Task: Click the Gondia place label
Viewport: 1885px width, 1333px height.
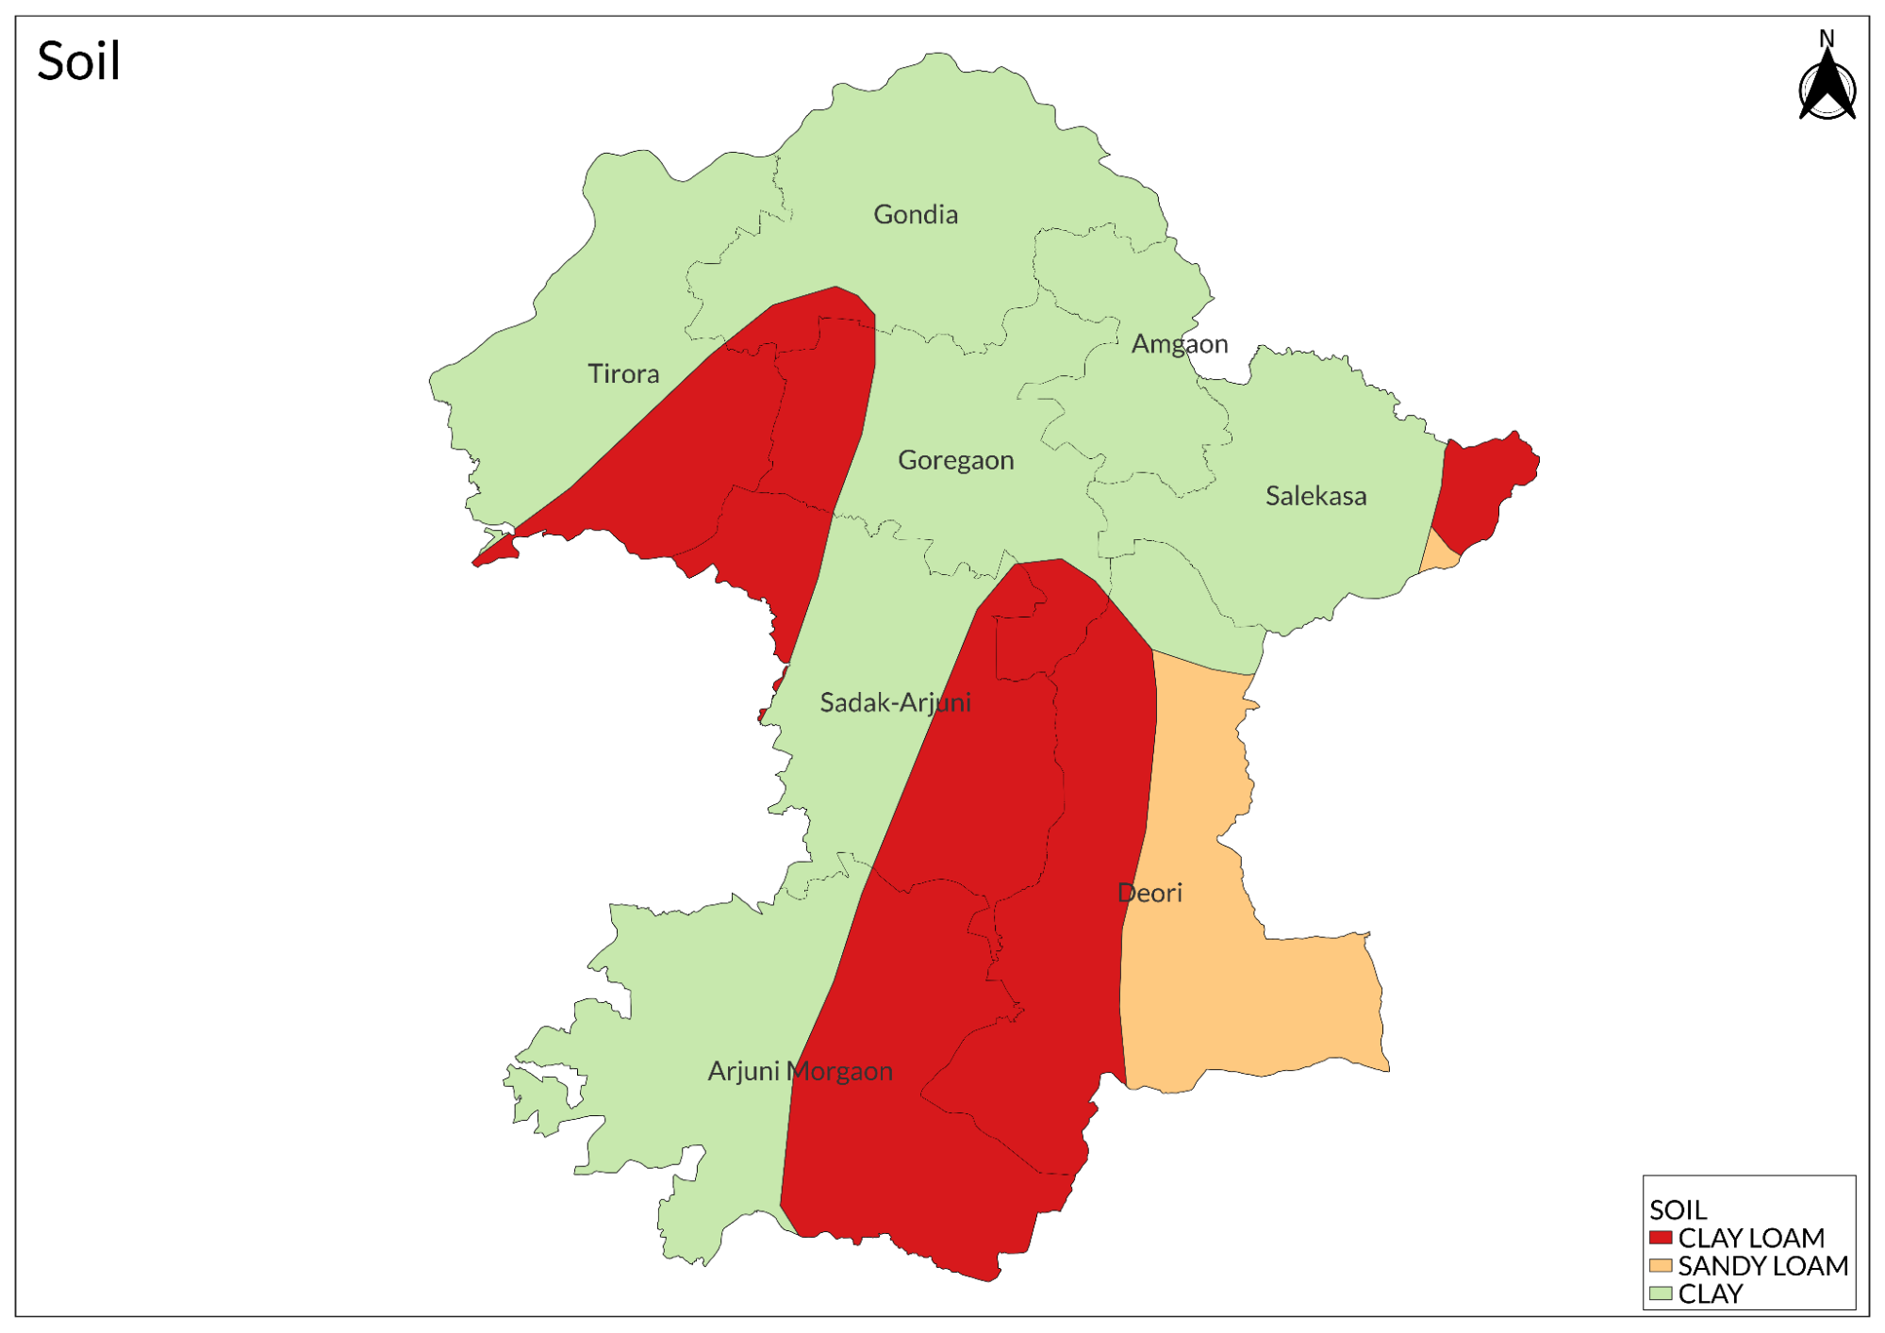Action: [x=915, y=215]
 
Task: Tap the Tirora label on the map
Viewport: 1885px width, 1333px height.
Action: [x=623, y=374]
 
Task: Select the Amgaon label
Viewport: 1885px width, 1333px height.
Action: [x=1179, y=344]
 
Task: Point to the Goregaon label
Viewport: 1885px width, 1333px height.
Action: [x=955, y=460]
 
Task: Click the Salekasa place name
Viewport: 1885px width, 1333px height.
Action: [x=1315, y=496]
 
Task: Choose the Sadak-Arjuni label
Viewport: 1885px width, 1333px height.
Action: [x=895, y=702]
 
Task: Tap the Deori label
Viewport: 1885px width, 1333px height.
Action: [x=1149, y=893]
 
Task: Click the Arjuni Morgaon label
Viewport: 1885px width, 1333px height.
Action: [x=800, y=1071]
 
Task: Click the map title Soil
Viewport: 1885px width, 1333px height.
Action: [x=78, y=62]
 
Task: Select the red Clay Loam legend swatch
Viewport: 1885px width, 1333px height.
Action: [x=1661, y=1237]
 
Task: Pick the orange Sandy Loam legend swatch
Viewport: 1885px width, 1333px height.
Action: [x=1661, y=1265]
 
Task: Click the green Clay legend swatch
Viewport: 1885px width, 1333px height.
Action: [x=1661, y=1293]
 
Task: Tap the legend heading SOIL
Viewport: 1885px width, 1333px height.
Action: [x=1678, y=1210]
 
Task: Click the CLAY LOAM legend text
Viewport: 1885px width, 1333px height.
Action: [x=1750, y=1237]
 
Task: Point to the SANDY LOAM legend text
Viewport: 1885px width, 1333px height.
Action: [x=1762, y=1265]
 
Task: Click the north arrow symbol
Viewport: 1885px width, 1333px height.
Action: [x=1827, y=87]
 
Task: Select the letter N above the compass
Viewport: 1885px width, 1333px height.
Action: [x=1827, y=39]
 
